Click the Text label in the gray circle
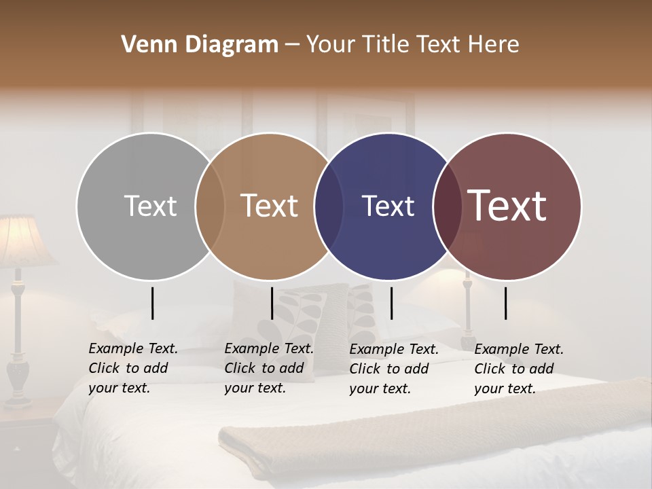150,206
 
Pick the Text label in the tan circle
270,206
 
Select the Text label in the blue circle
388,206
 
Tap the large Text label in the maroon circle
507,206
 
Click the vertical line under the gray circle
152,303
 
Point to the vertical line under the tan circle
272,303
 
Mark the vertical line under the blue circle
391,303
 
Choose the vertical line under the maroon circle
505,303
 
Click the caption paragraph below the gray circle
133,368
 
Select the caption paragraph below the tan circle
269,368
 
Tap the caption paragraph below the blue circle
394,369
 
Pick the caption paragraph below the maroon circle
519,369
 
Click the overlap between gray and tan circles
210,206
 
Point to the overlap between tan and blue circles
329,206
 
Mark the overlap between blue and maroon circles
447,206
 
